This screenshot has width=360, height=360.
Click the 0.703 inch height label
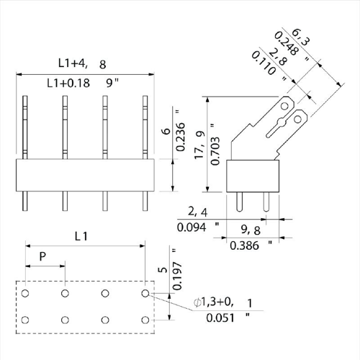point(215,150)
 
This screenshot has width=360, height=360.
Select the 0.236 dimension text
point(181,137)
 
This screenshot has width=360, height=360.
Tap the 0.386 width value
point(244,246)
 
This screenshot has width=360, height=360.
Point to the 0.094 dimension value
point(192,228)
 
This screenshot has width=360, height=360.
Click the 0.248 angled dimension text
point(287,43)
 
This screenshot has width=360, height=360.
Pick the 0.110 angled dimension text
point(264,63)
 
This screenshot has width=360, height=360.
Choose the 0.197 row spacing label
point(177,276)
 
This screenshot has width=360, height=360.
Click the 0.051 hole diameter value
point(220,318)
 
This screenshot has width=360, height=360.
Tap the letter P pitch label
point(42,256)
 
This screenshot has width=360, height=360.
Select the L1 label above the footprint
point(81,236)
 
